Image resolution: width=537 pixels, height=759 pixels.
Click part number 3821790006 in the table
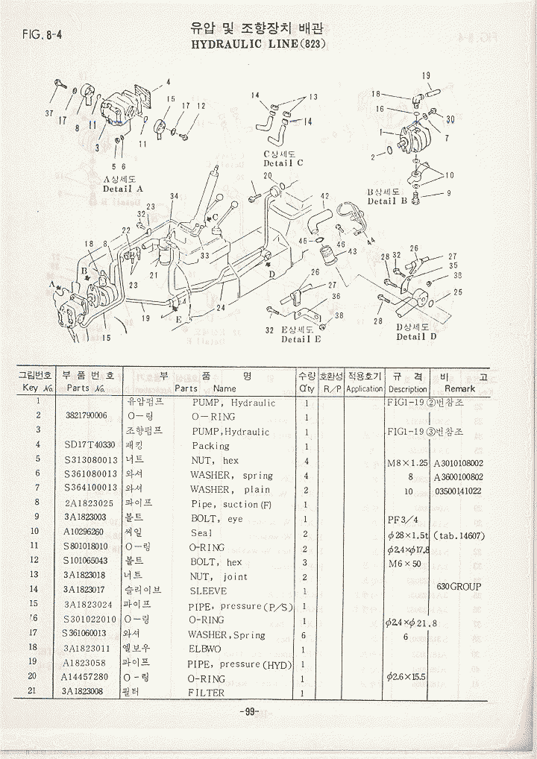(87, 416)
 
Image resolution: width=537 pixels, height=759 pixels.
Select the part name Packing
(211, 446)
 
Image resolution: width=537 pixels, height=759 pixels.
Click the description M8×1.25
(408, 462)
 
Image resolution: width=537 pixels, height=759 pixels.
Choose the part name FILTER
(207, 693)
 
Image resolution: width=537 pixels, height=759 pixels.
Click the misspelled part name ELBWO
(205, 649)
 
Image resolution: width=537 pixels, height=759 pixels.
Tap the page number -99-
(250, 711)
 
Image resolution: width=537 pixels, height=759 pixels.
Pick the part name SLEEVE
(208, 590)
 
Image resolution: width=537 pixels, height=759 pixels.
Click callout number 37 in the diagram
(49, 113)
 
